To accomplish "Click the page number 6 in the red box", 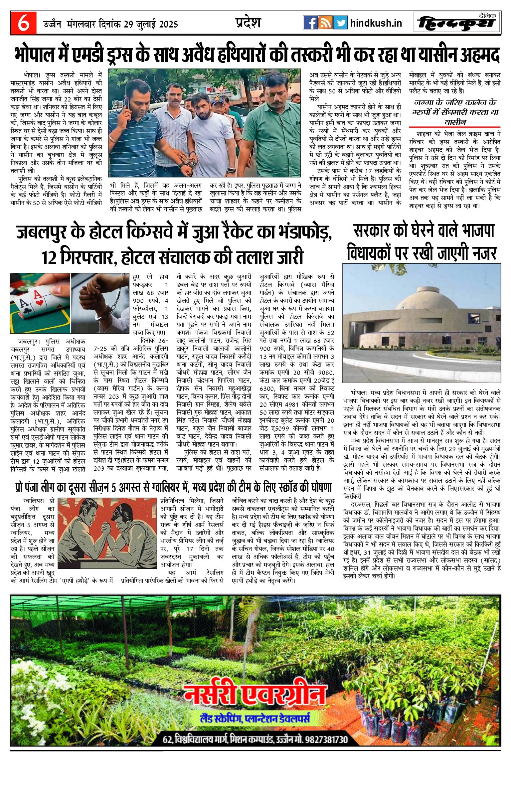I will tap(23, 23).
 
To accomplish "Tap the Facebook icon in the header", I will tap(310, 23).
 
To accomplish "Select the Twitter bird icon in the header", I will tap(340, 23).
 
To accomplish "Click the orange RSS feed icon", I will tap(325, 23).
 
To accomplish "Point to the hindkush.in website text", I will tap(376, 23).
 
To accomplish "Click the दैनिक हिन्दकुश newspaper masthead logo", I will tap(457, 23).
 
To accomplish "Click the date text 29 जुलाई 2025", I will tap(151, 24).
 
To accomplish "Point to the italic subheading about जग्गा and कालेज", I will tap(455, 112).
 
